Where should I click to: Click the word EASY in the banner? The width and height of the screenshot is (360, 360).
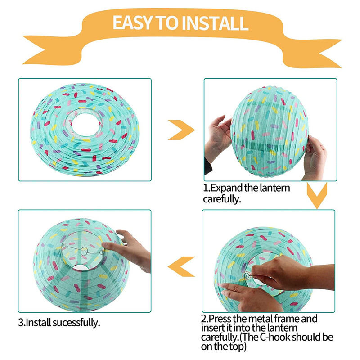(132, 23)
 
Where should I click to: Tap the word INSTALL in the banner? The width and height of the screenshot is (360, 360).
(216, 23)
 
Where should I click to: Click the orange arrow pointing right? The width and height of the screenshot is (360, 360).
(181, 130)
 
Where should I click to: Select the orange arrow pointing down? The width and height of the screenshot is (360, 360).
(317, 195)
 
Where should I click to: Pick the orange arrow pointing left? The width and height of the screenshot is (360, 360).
(181, 266)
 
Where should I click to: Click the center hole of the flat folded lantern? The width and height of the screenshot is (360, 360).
(85, 125)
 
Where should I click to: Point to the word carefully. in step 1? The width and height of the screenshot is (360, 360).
(222, 199)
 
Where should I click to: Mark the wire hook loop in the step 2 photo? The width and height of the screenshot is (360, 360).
(247, 276)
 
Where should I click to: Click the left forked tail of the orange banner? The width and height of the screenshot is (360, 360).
(46, 50)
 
